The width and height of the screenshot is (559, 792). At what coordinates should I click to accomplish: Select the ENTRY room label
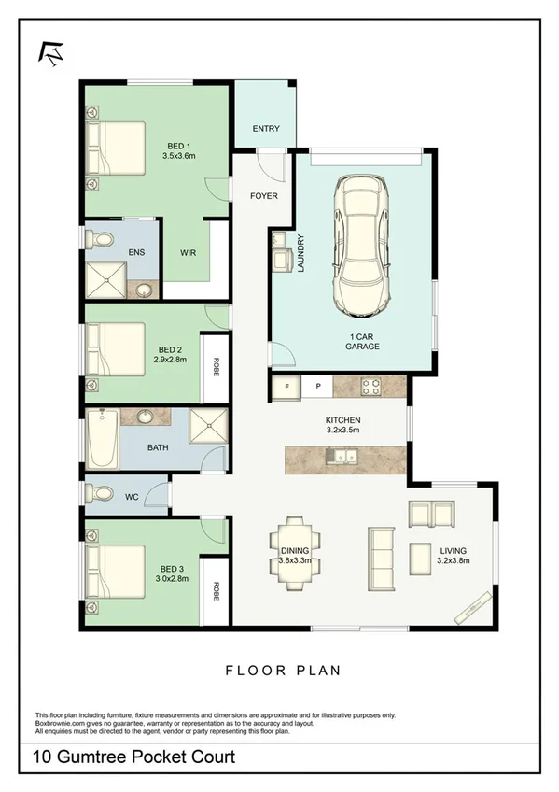pos(266,129)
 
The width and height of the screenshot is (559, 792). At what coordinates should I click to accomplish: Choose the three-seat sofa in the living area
pos(382,555)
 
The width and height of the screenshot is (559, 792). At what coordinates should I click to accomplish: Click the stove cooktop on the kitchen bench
pos(370,385)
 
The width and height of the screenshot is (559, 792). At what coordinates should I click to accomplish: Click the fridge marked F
pos(286,385)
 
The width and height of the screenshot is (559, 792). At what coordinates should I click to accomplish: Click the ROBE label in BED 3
pos(216,590)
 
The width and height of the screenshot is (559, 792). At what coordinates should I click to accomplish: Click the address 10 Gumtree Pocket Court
pos(134,757)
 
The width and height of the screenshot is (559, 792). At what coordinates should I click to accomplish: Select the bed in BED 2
pos(114,348)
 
